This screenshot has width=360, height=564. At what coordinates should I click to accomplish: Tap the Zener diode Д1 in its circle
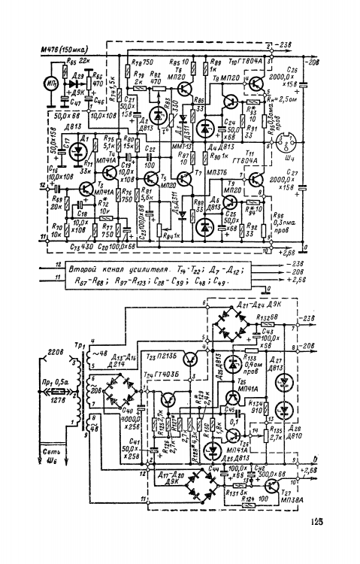[78, 148]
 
